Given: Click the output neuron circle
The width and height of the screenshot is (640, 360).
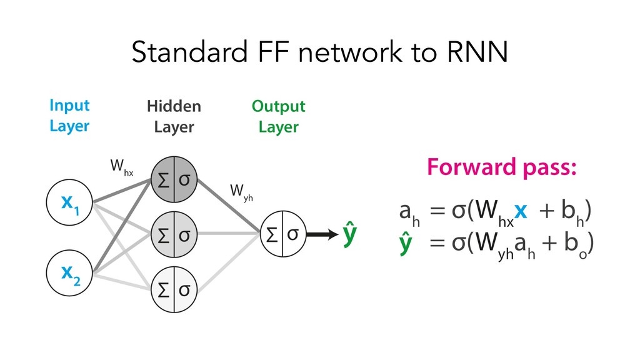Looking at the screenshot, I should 282,236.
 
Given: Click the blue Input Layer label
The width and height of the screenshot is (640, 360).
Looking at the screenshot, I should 69,116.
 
